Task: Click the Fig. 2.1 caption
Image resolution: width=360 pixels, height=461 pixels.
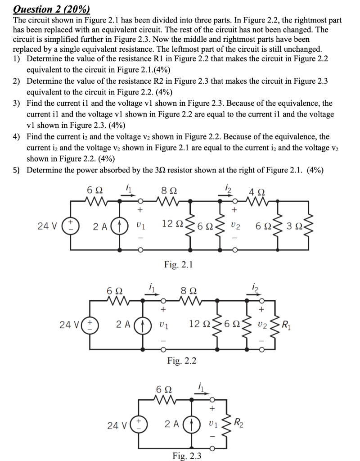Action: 179,265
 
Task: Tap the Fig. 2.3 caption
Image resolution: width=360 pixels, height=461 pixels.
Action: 186,456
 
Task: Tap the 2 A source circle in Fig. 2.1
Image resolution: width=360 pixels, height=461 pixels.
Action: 121,225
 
